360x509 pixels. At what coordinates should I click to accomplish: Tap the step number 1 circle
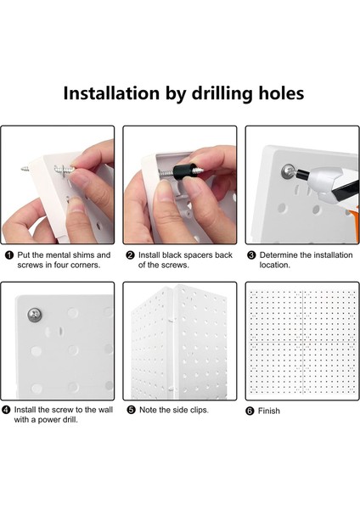[7, 255]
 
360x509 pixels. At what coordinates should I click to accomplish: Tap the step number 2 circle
[130, 255]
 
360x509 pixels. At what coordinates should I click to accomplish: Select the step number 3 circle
[251, 255]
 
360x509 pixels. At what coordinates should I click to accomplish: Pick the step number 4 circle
[7, 410]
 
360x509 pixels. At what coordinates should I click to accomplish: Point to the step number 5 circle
[130, 410]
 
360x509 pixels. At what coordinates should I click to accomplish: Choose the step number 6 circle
[251, 411]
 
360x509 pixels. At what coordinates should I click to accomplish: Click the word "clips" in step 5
[195, 410]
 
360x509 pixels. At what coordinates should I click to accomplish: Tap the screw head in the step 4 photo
[35, 316]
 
